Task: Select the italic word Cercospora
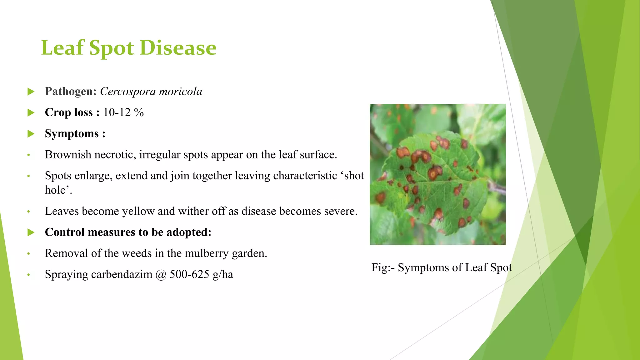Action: tap(127, 92)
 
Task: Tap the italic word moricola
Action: tap(180, 92)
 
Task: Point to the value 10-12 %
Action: tap(123, 112)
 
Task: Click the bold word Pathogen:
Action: tap(71, 92)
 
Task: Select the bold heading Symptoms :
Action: tap(75, 134)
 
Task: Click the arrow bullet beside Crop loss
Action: tap(31, 112)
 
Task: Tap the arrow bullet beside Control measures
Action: tap(31, 232)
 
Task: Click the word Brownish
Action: tap(68, 155)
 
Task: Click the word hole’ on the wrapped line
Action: tap(58, 190)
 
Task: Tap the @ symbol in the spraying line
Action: tap(161, 274)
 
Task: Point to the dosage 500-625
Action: tap(189, 274)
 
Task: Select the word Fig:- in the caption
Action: tap(383, 267)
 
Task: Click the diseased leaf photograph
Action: tap(437, 174)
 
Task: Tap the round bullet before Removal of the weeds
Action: tap(28, 253)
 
